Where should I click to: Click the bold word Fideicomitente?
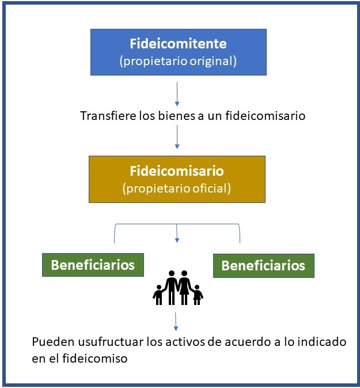[178, 44]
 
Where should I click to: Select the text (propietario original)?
[178, 61]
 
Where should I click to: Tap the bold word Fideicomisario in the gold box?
[177, 171]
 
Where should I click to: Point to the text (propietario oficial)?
[176, 189]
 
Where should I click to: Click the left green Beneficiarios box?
[93, 265]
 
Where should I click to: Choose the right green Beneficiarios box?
[264, 266]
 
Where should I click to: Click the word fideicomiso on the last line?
[94, 358]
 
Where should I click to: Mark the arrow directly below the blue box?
[177, 94]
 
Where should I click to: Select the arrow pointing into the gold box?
[177, 137]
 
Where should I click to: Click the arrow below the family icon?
[176, 322]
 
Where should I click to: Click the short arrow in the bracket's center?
[177, 233]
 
